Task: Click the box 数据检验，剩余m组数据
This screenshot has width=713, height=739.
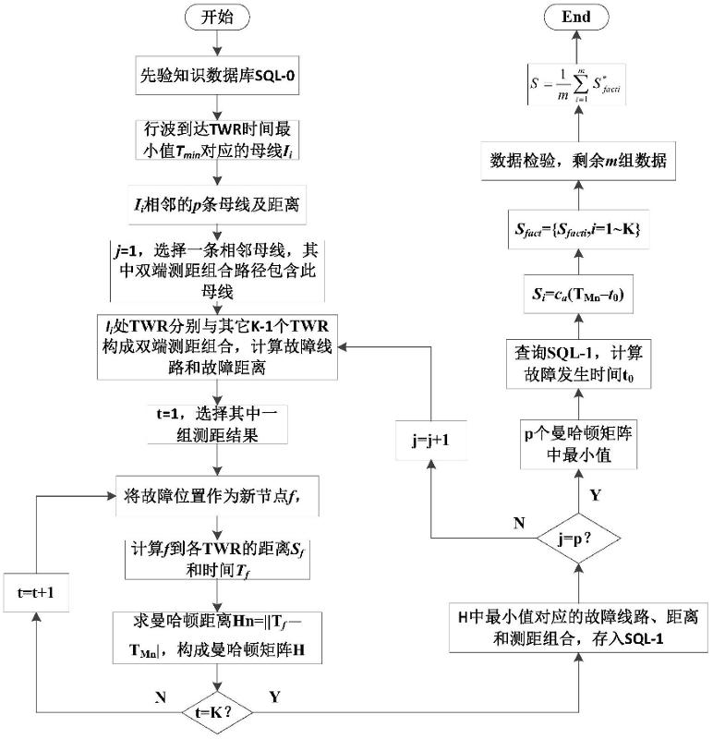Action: (579, 161)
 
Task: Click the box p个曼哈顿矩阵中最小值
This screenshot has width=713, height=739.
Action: (579, 445)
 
